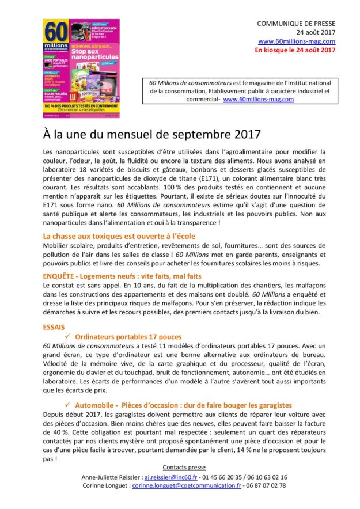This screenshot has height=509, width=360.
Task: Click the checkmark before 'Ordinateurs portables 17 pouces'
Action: click(x=68, y=336)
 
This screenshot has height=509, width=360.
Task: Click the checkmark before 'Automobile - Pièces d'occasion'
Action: click(x=68, y=405)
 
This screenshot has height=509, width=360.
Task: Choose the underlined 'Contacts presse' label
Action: click(x=184, y=467)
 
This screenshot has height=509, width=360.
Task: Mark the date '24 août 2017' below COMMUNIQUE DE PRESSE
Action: click(x=316, y=32)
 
